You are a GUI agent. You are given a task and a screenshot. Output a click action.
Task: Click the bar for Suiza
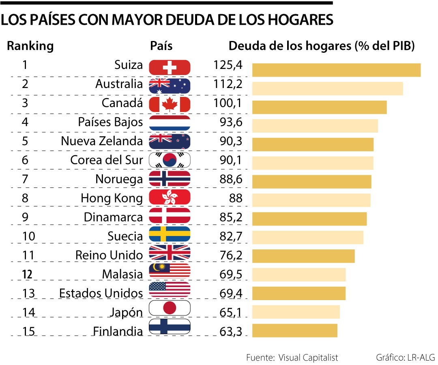(x=336, y=70)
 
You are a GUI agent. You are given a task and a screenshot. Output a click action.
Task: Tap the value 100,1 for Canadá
(x=228, y=103)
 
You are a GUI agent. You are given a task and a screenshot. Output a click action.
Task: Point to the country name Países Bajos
(x=110, y=122)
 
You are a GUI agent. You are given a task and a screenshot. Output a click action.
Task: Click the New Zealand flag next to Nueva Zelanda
(x=170, y=141)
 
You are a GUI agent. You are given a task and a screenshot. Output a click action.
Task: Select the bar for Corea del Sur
(x=313, y=163)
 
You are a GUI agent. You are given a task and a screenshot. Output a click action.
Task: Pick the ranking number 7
(x=25, y=179)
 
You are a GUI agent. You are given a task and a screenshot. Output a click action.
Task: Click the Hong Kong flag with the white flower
(x=170, y=198)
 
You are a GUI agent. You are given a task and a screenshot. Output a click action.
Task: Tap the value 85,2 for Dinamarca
(x=231, y=217)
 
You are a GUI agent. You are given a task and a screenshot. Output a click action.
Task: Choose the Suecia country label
(x=125, y=236)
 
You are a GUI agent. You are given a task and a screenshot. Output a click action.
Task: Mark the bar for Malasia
(x=299, y=275)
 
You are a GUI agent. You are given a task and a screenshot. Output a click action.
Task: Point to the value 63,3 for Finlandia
(x=231, y=331)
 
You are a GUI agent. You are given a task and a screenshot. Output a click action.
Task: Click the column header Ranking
(x=30, y=46)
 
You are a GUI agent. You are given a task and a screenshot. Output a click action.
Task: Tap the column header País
(x=161, y=46)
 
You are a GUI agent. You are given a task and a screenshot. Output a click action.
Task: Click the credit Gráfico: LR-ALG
(x=405, y=357)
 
